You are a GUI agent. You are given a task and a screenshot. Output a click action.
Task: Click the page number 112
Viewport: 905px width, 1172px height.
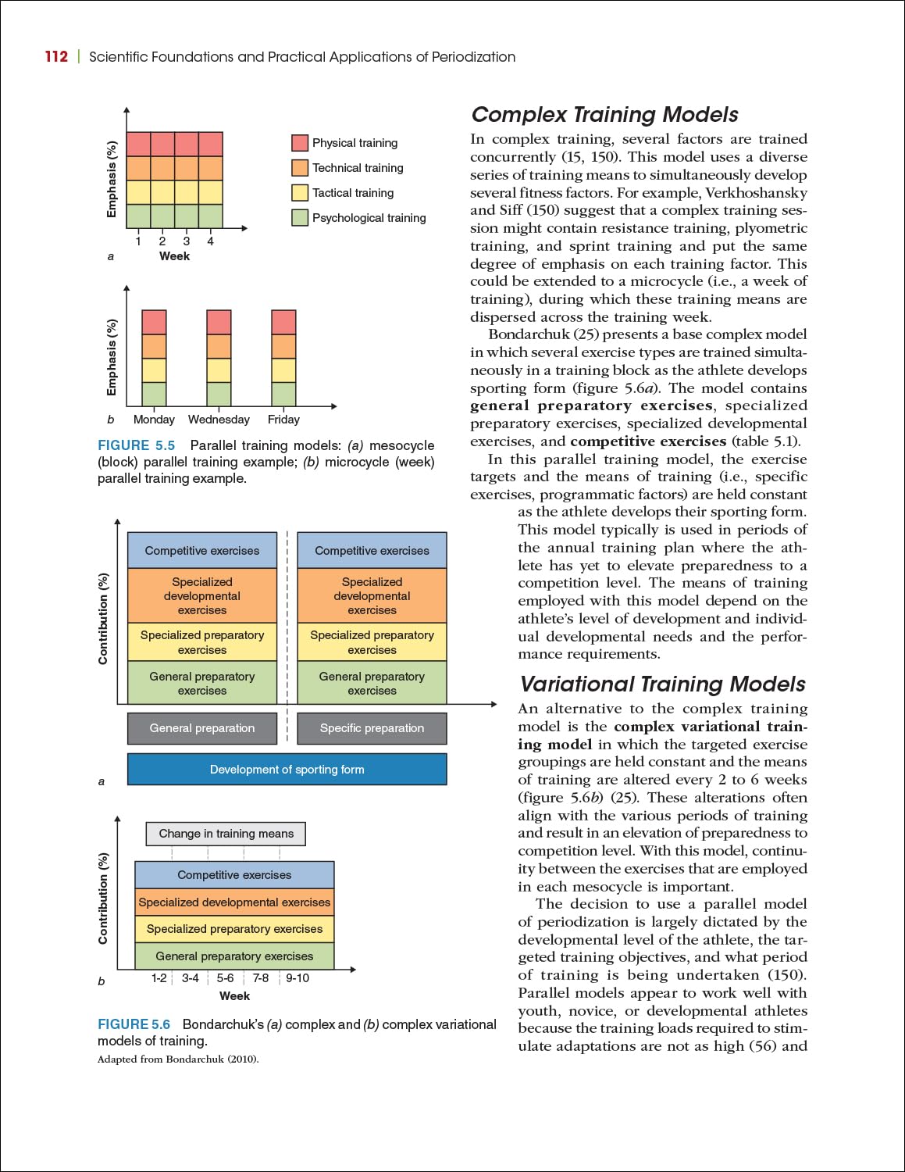coord(56,56)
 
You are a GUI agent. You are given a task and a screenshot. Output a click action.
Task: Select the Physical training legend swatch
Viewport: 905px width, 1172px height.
coord(300,142)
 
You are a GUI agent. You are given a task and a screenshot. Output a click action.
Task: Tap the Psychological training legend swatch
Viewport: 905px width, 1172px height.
coord(300,217)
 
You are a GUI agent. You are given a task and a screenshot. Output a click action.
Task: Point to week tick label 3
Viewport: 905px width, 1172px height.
coord(187,241)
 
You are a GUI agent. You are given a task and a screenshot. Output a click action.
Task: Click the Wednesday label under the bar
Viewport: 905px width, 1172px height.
coord(219,420)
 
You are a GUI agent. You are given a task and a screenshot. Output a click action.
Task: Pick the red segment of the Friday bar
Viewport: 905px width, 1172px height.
coord(283,322)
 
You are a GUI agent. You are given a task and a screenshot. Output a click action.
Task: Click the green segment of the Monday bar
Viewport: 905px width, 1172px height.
coord(154,394)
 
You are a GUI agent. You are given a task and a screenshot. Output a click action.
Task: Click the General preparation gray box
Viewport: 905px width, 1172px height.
coord(202,728)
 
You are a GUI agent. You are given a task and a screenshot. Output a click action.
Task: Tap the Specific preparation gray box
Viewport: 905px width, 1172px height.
coord(372,728)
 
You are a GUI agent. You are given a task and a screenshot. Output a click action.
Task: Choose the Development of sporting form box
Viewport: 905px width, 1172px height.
coord(287,770)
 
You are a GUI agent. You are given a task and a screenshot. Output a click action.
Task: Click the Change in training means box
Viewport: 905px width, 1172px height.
coord(226,834)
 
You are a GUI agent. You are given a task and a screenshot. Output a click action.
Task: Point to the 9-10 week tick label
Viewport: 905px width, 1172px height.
coord(298,978)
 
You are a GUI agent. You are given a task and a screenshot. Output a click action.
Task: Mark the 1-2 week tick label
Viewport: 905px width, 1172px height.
coord(159,978)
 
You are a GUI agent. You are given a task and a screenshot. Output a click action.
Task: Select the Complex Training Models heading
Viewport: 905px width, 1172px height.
coord(604,115)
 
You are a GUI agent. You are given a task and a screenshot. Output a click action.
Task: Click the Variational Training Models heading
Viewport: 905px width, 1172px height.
coord(662,684)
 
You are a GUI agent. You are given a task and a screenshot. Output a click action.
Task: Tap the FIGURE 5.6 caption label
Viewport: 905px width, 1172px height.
coord(134,1024)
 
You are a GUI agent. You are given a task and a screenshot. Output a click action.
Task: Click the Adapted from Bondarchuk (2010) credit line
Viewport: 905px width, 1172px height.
coord(178,1059)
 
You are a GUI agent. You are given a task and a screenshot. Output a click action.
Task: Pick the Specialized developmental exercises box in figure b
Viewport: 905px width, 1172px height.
coord(234,902)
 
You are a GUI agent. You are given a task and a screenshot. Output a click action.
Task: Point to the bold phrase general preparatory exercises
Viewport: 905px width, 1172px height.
coord(591,406)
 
